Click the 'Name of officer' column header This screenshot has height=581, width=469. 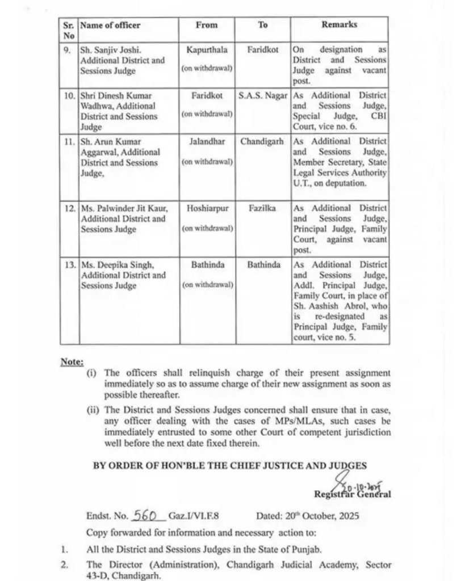[x=110, y=26]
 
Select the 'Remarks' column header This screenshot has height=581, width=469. [x=340, y=26]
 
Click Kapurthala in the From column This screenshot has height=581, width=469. [x=207, y=50]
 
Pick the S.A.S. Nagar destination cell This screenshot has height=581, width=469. [x=262, y=95]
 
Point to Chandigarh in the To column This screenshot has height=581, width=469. [x=262, y=141]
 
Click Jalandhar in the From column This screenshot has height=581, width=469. [x=207, y=141]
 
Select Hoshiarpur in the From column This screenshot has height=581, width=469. [x=207, y=208]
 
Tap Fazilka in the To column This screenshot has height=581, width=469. [x=262, y=208]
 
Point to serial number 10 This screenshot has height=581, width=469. [x=69, y=95]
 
